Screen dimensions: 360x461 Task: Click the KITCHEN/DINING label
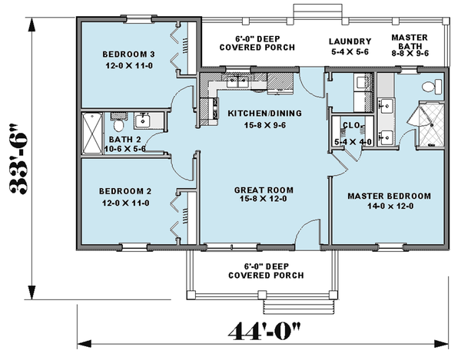(264, 119)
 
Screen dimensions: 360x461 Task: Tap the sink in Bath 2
(143, 121)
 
